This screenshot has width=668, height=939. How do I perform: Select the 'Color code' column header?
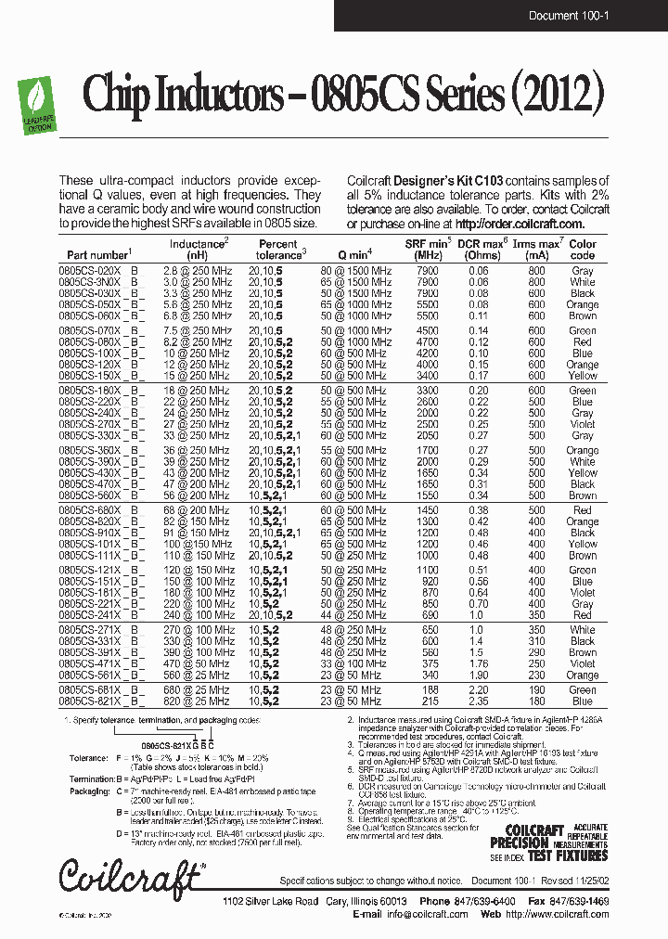tap(583, 250)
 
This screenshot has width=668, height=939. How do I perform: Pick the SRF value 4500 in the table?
tap(429, 331)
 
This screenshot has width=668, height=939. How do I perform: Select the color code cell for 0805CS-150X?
tap(583, 377)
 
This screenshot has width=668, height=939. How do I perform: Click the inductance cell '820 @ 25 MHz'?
tap(196, 701)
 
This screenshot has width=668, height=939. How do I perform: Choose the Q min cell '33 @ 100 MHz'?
tap(354, 664)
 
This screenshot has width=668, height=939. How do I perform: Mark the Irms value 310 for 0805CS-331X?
tap(537, 641)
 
